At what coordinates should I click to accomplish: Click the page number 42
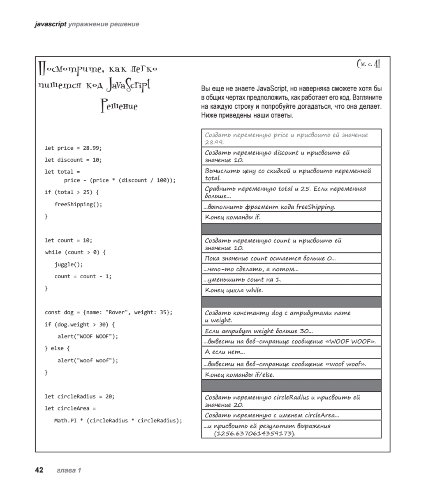[39, 470]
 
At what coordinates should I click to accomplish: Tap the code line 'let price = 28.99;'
[73, 148]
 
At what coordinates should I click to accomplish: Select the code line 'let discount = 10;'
[73, 160]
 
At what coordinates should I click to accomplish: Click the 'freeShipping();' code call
[78, 204]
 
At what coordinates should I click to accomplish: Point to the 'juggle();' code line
[69, 264]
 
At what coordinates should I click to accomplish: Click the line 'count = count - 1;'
[83, 276]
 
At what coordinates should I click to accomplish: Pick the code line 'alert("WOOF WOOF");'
[88, 336]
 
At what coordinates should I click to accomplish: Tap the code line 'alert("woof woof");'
[88, 361]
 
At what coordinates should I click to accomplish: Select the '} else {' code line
[57, 348]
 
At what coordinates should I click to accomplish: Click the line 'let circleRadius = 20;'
[80, 396]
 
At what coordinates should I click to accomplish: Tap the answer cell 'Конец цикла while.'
[234, 290]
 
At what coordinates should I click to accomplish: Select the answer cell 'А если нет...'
[225, 352]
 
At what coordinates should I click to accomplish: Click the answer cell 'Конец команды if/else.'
[239, 375]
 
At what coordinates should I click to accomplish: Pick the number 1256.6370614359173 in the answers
[255, 433]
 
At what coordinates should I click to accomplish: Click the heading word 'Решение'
[119, 106]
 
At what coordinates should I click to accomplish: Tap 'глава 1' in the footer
[69, 470]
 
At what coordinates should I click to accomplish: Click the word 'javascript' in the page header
[50, 24]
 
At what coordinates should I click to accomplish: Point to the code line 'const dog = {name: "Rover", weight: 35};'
[109, 312]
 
